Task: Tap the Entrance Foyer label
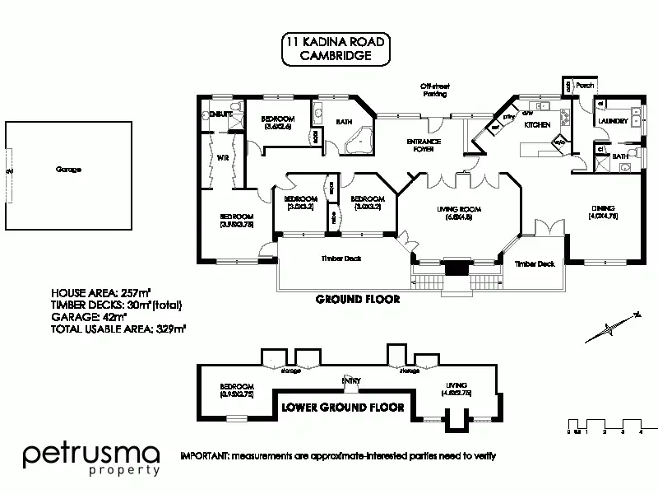(x=424, y=146)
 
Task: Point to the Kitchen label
(x=537, y=124)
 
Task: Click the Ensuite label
(x=220, y=113)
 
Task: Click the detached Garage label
(x=68, y=170)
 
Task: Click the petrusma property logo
(x=91, y=459)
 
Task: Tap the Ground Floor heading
(x=357, y=300)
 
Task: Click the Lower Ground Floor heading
(x=342, y=407)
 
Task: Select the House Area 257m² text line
(x=100, y=293)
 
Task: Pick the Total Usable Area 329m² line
(x=118, y=328)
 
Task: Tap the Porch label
(x=585, y=86)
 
